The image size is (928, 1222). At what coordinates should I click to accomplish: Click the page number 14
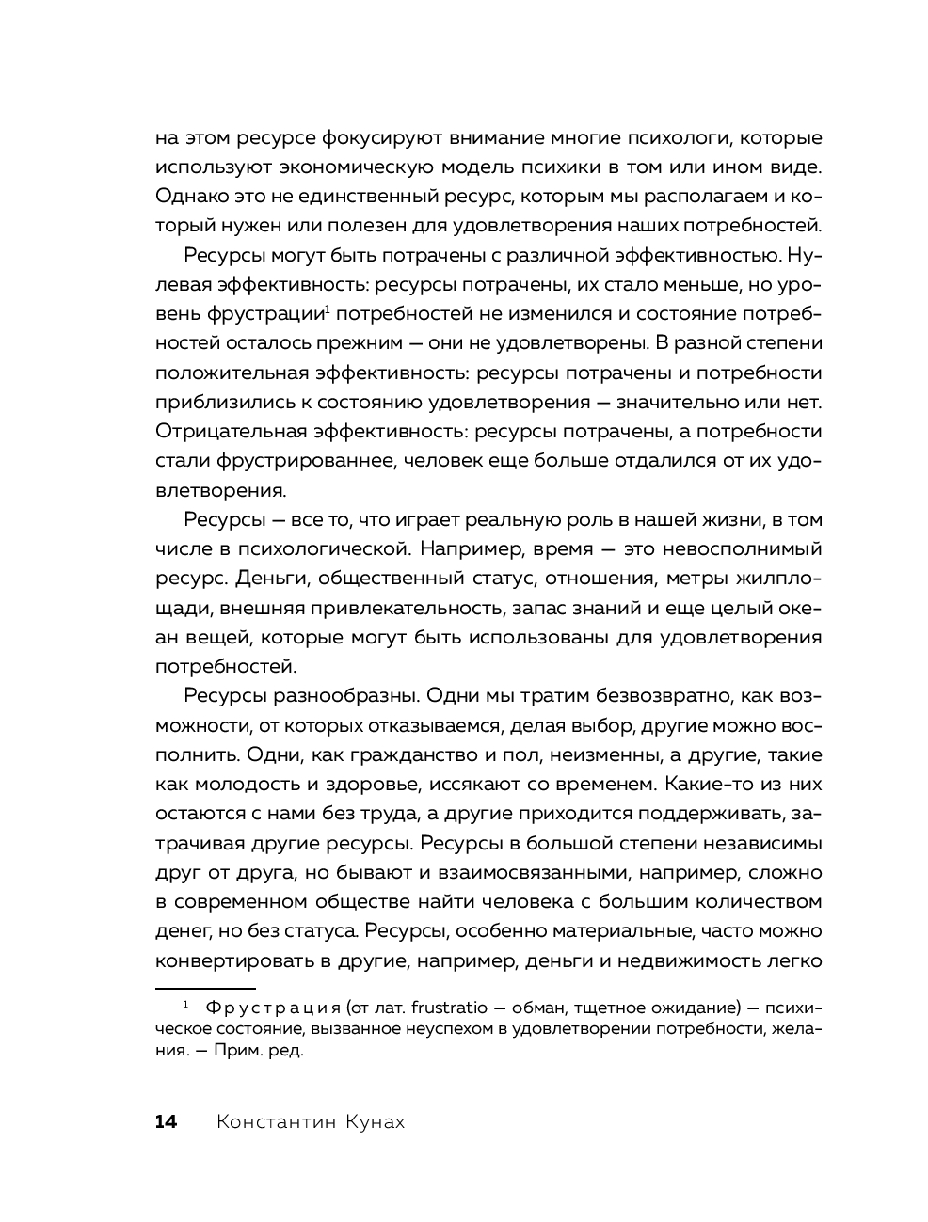pos(166,1121)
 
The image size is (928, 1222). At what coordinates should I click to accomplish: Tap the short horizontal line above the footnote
pos(205,989)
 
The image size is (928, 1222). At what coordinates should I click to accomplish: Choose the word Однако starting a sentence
pos(187,196)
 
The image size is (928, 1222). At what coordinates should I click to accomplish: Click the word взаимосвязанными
pos(491,872)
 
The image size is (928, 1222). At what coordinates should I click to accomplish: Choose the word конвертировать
pos(226,960)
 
